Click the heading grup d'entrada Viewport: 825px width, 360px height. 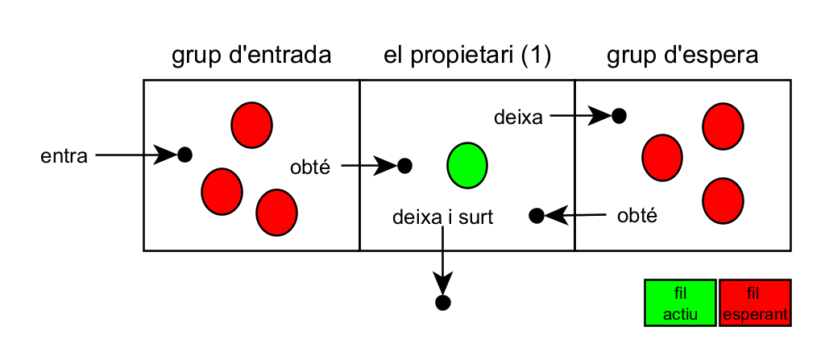tap(251, 56)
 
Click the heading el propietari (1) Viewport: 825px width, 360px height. tap(466, 56)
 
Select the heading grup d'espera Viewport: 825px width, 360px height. tap(682, 56)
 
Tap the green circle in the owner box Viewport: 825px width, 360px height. tap(467, 165)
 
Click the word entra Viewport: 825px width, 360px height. tap(64, 155)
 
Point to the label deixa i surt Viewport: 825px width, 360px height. tap(442, 217)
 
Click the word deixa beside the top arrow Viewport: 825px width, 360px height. tap(518, 118)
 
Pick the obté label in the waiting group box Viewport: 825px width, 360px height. tap(636, 215)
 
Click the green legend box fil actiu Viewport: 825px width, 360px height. tap(679, 304)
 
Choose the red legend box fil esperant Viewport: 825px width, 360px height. tap(755, 304)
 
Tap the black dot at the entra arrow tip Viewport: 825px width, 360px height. tap(184, 155)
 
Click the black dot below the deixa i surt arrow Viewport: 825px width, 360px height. tap(442, 303)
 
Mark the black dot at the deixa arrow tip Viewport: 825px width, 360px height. tap(619, 116)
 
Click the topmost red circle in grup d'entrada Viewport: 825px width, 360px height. tap(251, 124)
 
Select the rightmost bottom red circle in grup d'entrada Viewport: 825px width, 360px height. tap(276, 211)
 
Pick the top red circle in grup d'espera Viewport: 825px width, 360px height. tap(723, 126)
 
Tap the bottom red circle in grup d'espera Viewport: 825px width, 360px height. tap(723, 200)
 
